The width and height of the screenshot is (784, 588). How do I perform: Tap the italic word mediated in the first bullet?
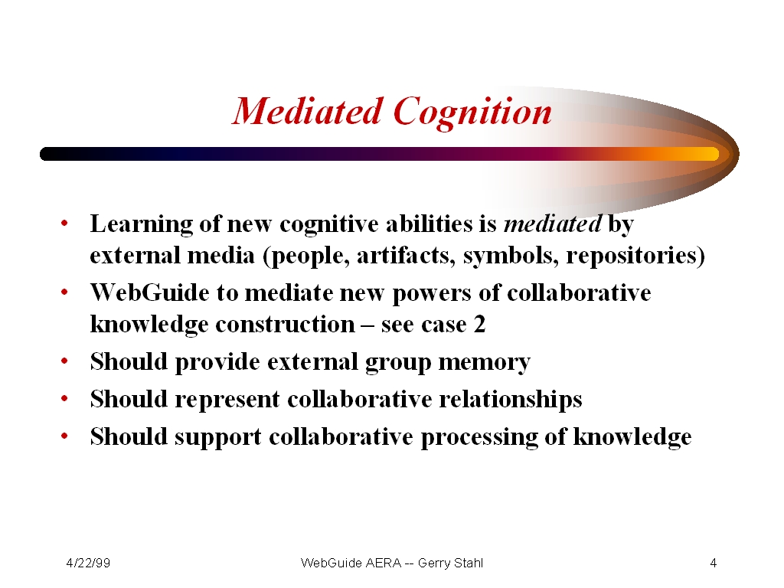point(553,224)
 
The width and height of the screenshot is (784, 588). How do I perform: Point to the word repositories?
point(632,256)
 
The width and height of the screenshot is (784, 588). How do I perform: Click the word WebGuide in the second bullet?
point(149,292)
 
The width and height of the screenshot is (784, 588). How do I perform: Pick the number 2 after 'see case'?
point(479,325)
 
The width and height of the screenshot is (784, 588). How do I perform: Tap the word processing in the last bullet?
point(479,437)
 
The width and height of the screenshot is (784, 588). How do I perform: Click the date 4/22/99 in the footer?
point(88,563)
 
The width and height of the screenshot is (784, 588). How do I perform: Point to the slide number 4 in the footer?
point(714,563)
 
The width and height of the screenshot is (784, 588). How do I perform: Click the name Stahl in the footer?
point(469,563)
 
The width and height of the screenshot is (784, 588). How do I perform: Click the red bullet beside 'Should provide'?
point(64,361)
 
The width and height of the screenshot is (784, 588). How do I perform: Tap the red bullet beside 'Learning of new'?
point(64,223)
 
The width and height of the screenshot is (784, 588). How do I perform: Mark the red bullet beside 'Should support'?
point(64,436)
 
